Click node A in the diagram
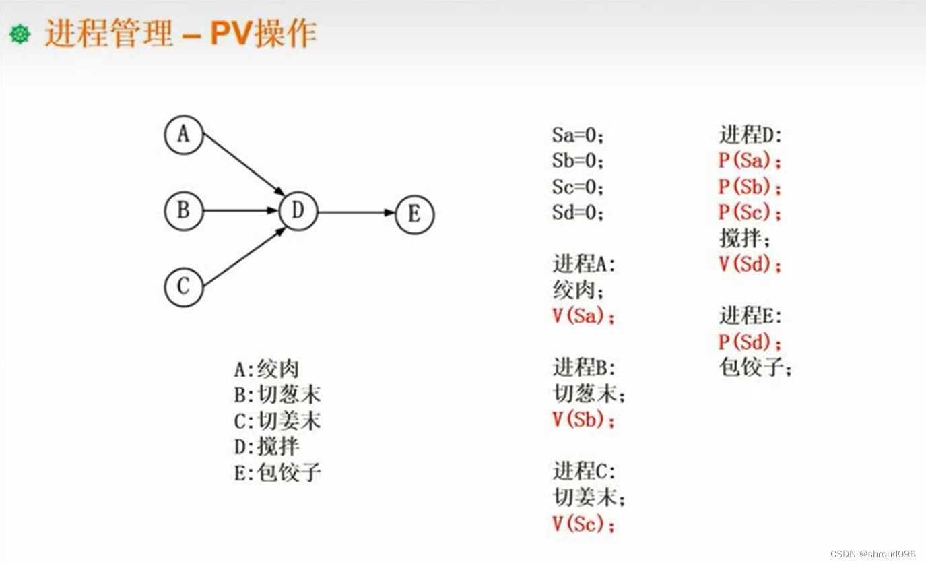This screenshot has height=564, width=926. [183, 135]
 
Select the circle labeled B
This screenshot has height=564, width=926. [183, 211]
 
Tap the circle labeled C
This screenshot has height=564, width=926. [183, 287]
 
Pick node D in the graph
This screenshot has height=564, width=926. [298, 211]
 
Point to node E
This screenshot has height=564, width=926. [414, 214]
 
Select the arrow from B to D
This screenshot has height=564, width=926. [241, 211]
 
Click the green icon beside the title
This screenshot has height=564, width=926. [20, 34]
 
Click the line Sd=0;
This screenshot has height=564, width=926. [578, 213]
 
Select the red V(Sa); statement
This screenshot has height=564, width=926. [583, 316]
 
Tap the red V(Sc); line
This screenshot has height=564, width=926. [583, 524]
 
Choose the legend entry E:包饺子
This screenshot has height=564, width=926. [277, 472]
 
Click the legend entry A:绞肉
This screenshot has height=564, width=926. [266, 369]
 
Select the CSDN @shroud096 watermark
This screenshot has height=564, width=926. [873, 553]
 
